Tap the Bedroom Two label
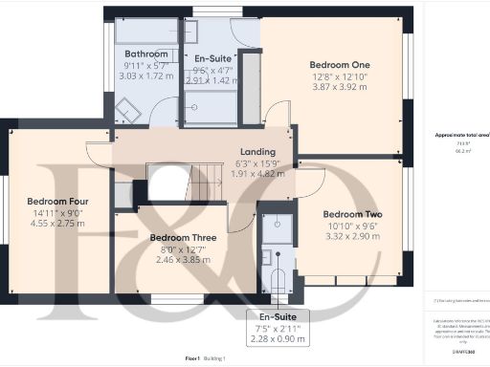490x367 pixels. (x=346, y=213)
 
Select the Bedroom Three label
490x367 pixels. (x=183, y=238)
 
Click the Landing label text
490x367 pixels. (x=257, y=152)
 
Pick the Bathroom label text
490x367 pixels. (x=146, y=54)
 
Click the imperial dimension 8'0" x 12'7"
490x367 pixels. (x=183, y=249)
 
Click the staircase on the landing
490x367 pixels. (x=177, y=183)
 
